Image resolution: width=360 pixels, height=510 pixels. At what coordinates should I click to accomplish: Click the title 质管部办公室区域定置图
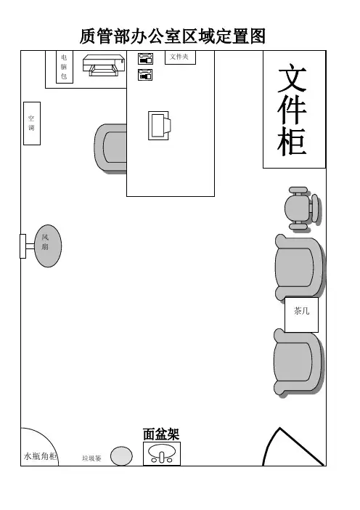tap(173, 36)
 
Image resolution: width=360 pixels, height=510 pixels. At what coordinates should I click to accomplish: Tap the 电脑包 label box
tap(65, 67)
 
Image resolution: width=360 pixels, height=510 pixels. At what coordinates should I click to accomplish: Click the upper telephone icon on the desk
tap(145, 59)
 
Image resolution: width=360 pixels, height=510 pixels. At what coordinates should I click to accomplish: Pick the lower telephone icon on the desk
tap(145, 75)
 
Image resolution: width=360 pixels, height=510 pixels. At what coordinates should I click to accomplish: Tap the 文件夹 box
tap(180, 57)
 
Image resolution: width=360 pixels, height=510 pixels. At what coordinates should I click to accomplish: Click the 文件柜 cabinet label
tap(292, 110)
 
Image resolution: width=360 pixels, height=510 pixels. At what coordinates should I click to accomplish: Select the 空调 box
tap(32, 124)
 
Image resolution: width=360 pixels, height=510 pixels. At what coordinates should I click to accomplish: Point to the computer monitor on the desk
tap(159, 126)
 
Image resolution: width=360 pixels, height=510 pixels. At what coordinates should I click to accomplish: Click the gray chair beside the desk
tap(110, 147)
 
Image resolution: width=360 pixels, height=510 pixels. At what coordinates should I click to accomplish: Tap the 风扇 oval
tap(48, 246)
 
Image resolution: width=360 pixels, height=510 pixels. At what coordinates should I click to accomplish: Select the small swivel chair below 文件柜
tap(301, 209)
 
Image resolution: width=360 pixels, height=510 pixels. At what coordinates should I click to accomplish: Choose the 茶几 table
tap(301, 315)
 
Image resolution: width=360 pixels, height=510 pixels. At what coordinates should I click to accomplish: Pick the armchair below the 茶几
tap(298, 362)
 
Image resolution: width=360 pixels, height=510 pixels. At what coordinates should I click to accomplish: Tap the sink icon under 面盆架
tap(162, 453)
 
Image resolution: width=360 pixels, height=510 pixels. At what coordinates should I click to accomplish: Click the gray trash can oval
tap(121, 456)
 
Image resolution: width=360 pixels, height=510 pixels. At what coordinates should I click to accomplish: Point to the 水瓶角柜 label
tap(41, 456)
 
